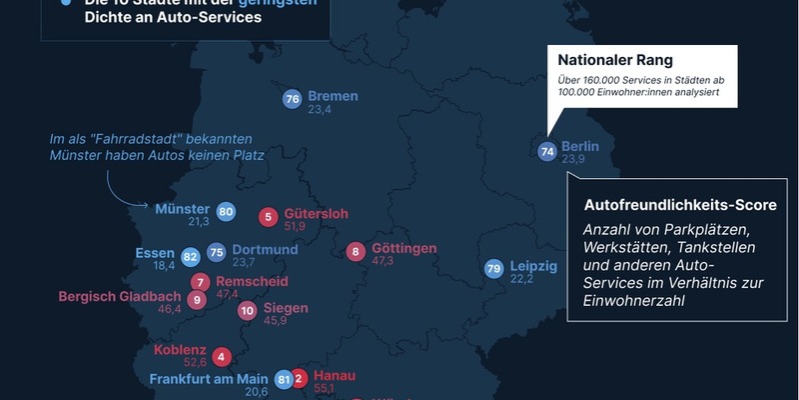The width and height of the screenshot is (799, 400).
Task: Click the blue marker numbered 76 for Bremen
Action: coord(293,99)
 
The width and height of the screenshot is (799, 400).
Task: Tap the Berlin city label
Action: coord(579,146)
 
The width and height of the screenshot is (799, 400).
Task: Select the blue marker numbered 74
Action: coord(546,152)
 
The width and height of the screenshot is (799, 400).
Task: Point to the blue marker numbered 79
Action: coord(492,269)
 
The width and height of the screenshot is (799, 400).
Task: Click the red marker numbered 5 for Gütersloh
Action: coord(269,216)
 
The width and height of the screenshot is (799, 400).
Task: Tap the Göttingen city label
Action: coord(403,248)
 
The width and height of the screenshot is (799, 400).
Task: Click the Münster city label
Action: coord(182,209)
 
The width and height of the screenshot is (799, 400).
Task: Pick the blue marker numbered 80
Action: coord(226,212)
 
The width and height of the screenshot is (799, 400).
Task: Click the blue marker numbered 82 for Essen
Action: coord(191,256)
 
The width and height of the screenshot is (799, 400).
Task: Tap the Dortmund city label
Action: coord(265,249)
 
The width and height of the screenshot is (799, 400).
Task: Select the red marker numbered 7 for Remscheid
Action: coord(202,282)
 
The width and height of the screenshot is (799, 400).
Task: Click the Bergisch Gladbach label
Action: coord(120,297)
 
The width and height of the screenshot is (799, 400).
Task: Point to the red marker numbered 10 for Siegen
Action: coord(248,311)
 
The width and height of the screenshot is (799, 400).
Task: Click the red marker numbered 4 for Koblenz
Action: coord(221,355)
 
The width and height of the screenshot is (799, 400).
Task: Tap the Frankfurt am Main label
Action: coord(210,379)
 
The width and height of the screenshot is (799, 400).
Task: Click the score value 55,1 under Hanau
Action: coord(329,388)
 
